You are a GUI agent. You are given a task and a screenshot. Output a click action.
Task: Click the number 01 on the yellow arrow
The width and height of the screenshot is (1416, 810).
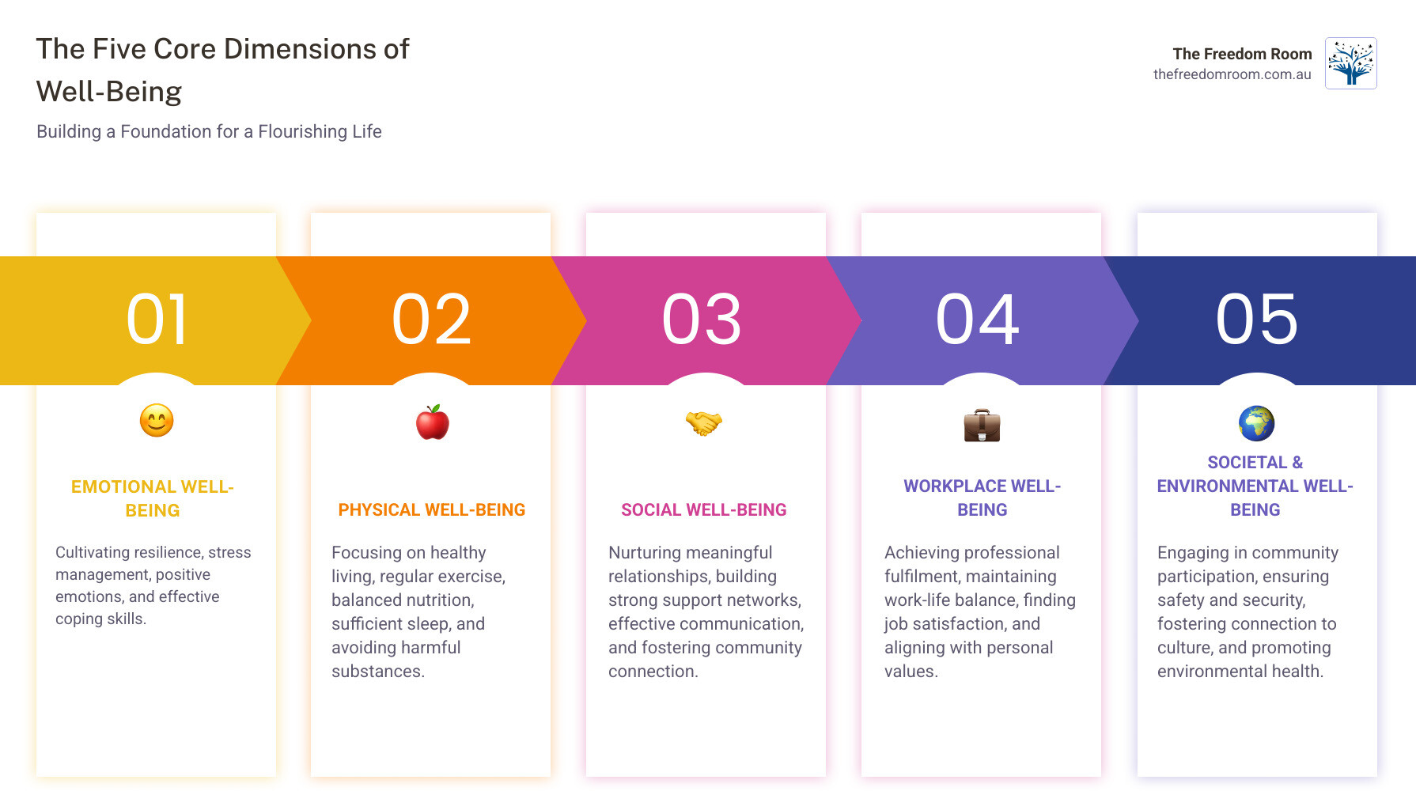click(157, 320)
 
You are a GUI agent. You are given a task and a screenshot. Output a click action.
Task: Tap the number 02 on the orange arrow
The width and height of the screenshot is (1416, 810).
click(432, 320)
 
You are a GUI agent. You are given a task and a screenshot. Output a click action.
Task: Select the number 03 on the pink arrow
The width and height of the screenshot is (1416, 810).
click(702, 320)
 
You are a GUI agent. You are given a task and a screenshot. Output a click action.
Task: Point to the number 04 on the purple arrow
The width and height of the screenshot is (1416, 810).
click(978, 320)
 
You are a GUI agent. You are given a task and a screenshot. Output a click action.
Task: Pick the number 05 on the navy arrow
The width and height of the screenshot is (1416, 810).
click(1257, 320)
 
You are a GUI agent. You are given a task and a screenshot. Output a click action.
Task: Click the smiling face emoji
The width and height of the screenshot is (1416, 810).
click(157, 421)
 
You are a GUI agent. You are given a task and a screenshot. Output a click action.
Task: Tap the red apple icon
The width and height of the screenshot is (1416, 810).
click(432, 422)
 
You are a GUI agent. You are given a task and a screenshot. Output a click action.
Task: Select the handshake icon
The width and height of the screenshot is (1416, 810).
click(703, 423)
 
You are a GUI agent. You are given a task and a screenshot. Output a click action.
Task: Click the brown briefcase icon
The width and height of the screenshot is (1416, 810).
click(982, 426)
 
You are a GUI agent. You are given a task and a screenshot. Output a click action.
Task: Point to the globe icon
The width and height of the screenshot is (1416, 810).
click(1256, 423)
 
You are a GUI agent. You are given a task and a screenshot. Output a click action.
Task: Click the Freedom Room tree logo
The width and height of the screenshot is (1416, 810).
click(1350, 63)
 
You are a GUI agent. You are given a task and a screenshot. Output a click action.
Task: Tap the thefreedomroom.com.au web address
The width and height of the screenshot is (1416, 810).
click(1232, 74)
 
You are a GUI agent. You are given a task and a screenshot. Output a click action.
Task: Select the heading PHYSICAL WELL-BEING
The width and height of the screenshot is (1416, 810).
click(432, 510)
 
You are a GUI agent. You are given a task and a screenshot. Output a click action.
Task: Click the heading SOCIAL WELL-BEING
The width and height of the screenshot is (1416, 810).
click(703, 510)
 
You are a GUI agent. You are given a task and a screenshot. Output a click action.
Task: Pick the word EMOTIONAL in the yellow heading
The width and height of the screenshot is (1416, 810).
click(123, 487)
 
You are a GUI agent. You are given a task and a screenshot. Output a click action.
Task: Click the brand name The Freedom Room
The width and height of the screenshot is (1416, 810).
click(1242, 54)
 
